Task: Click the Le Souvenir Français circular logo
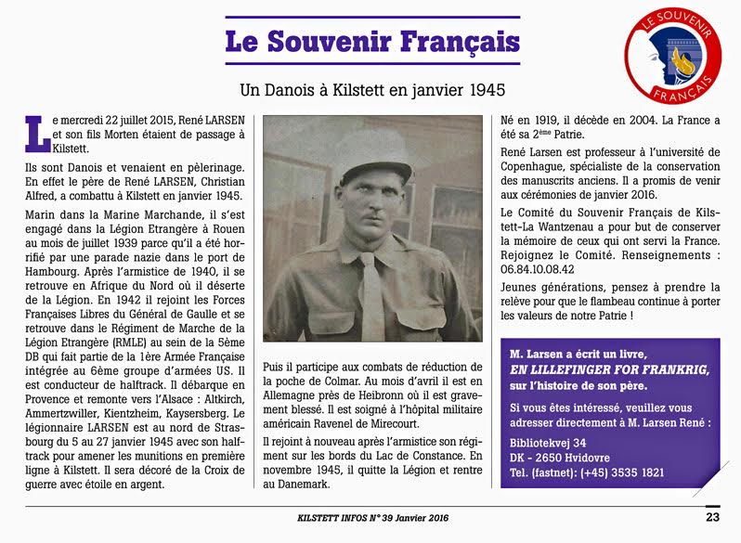click(673, 55)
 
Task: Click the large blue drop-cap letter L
click(34, 132)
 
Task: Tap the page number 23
click(711, 517)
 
